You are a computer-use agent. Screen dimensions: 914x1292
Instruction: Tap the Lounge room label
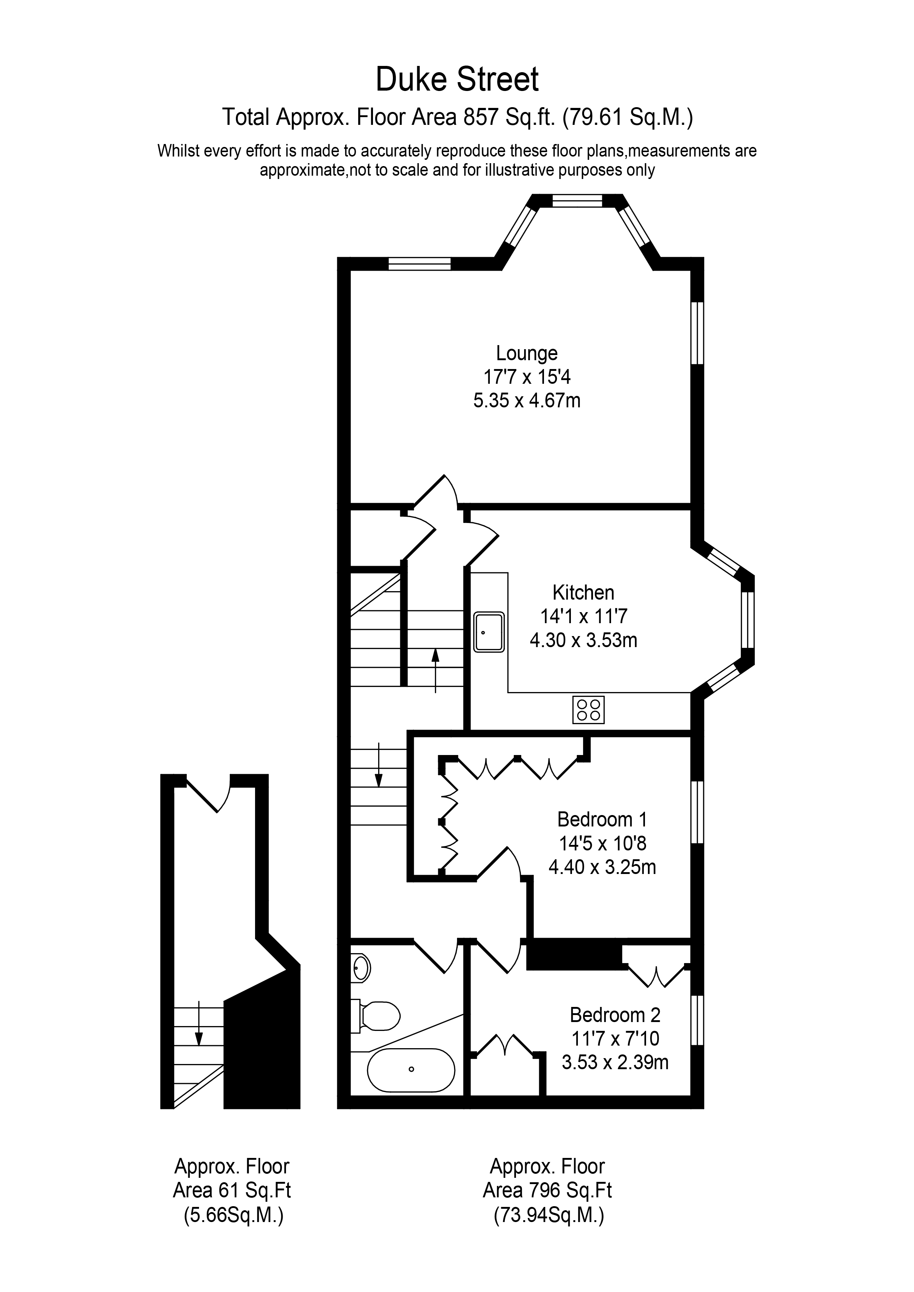[x=527, y=354]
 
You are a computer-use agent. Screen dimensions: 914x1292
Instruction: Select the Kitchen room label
[x=583, y=593]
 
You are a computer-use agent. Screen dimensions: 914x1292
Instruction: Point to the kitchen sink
[x=489, y=632]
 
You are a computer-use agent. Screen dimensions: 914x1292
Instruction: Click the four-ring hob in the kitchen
[x=589, y=710]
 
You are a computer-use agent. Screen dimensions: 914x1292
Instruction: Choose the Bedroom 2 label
[x=615, y=1015]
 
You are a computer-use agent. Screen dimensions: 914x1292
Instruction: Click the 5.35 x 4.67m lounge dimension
[x=527, y=401]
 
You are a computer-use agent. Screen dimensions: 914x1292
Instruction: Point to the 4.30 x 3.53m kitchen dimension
[x=583, y=640]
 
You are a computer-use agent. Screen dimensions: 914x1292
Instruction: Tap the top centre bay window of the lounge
[x=577, y=201]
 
